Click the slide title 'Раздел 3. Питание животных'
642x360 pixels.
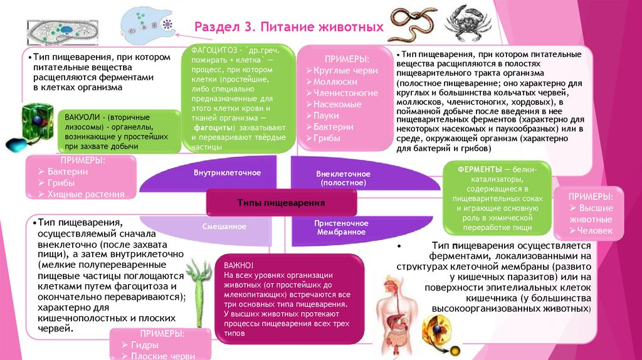pyautogui.click(x=288, y=28)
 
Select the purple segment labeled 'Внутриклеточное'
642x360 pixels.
pyautogui.click(x=227, y=172)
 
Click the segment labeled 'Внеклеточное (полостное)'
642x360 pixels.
pyautogui.click(x=342, y=178)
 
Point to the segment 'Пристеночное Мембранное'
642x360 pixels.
pyautogui.click(x=341, y=228)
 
